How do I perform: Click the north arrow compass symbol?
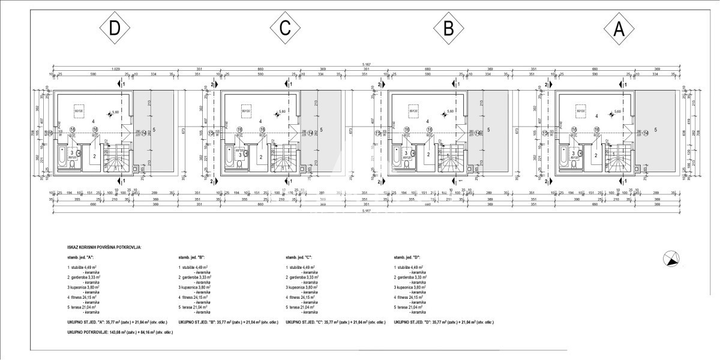click(671, 259)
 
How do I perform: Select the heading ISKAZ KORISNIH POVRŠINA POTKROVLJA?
click(104, 247)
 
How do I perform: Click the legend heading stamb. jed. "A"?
click(82, 256)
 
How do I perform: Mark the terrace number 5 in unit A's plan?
click(656, 130)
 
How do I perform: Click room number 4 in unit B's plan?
click(428, 121)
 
